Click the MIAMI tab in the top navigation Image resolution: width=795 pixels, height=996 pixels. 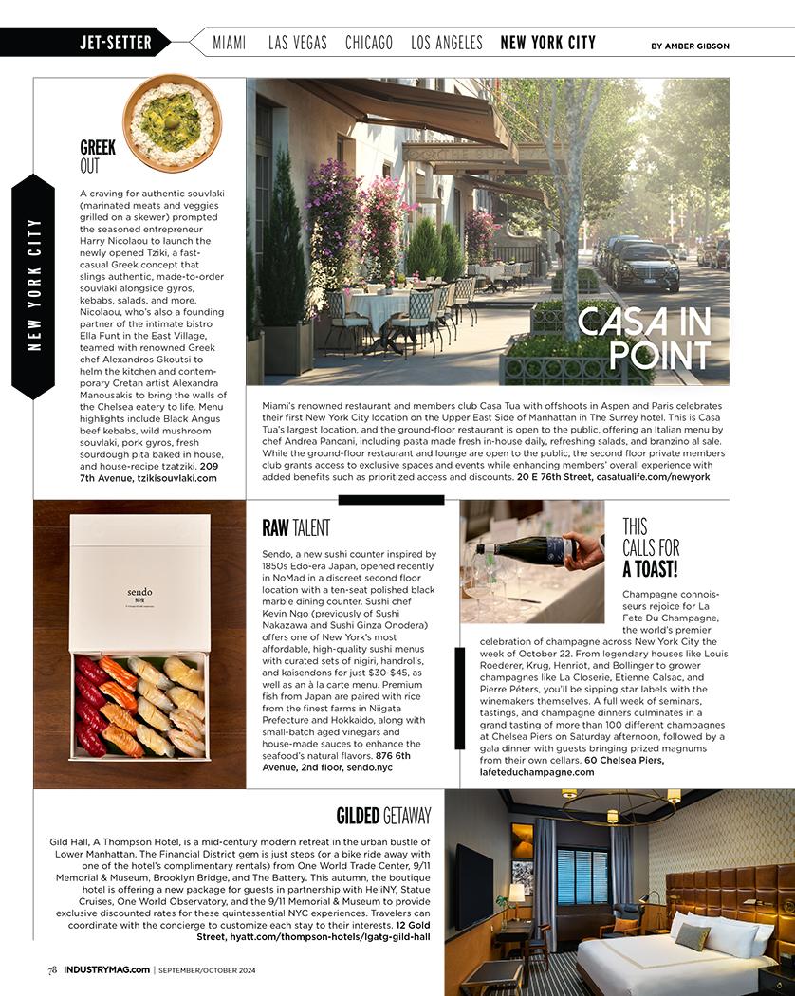[229, 43]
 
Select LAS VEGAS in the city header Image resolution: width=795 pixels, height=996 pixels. [297, 43]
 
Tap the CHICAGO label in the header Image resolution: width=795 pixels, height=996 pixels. [368, 43]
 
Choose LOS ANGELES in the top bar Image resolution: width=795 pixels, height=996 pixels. [446, 43]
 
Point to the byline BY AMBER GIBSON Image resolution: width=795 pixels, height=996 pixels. [690, 46]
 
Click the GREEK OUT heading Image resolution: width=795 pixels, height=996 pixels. [98, 157]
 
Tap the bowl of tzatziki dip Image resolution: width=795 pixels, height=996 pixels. [172, 121]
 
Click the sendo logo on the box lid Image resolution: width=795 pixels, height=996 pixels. [139, 593]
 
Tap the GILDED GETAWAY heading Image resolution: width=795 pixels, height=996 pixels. [383, 816]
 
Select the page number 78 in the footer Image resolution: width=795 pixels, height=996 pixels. [53, 969]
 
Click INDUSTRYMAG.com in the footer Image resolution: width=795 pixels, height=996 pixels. [106, 969]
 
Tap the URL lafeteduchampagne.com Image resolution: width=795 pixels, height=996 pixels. [537, 772]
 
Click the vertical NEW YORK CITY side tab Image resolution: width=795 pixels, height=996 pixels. [34, 286]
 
